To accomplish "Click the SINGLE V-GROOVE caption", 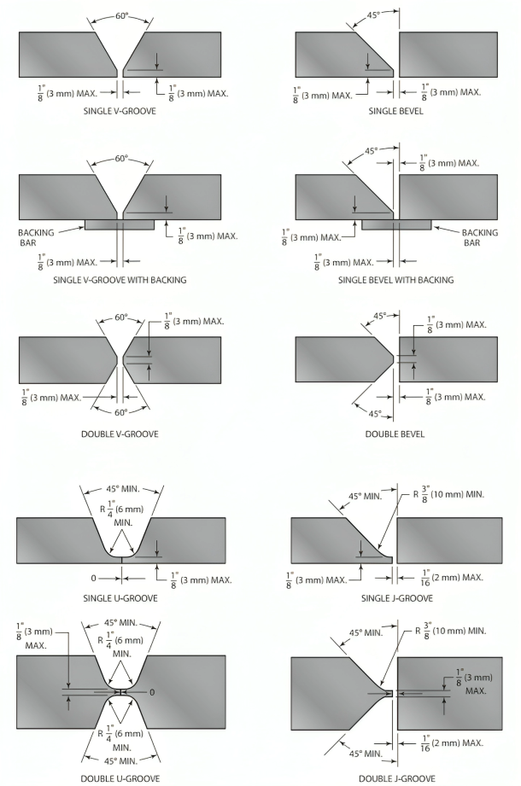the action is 120,111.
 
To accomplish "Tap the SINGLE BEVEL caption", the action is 395,111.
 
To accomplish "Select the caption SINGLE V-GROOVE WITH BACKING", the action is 120,280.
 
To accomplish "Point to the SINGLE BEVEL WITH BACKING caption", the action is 395,280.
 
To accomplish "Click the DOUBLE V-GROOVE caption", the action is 120,434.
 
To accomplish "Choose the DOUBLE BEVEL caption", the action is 395,434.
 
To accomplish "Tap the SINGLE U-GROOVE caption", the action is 120,598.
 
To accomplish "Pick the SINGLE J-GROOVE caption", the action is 396,598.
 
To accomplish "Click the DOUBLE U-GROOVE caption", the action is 120,778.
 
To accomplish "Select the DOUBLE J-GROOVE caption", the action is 396,778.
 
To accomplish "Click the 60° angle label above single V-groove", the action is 122,16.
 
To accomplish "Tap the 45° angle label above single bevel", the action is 373,15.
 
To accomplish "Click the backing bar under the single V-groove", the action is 120,224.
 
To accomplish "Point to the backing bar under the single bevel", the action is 396,224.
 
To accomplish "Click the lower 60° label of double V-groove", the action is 121,412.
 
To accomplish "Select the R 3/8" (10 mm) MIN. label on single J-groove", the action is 448,495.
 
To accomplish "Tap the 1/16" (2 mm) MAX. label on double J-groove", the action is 452,743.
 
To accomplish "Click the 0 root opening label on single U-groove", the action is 93,579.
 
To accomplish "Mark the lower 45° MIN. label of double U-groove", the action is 120,761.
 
